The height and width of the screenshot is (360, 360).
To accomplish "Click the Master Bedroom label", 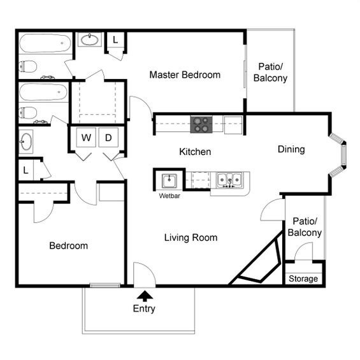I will [185, 75].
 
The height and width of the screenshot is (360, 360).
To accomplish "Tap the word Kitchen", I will [194, 152].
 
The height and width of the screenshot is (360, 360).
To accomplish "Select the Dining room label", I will [291, 149].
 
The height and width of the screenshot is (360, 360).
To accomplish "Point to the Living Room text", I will [191, 238].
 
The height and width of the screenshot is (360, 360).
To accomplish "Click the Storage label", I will [303, 278].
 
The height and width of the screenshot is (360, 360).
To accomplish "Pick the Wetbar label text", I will [169, 196].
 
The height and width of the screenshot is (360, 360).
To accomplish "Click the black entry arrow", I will [145, 295].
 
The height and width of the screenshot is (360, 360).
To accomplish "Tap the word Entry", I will [144, 309].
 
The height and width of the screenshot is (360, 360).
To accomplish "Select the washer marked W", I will [86, 137].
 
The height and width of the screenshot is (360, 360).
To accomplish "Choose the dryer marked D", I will [108, 137].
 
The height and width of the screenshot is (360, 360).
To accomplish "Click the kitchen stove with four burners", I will [202, 124].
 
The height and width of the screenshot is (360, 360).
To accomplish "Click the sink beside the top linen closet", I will [90, 40].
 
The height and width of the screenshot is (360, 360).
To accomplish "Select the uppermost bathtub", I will [44, 44].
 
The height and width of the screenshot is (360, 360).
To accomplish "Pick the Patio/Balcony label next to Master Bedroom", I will [270, 73].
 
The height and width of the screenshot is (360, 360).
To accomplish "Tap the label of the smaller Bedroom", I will [68, 245].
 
